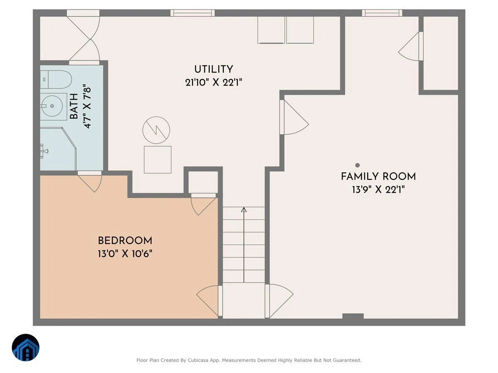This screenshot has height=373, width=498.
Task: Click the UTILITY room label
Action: pos(213,69)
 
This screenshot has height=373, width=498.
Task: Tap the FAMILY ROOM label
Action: pos(378,177)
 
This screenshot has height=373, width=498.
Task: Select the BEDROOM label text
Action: pos(125,240)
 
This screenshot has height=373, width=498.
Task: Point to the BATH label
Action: pos(74,106)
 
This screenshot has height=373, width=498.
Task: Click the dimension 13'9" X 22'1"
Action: pos(378,189)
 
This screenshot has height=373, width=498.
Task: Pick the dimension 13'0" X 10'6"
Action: pos(125,254)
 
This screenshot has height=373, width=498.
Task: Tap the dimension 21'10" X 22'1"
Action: pos(213,82)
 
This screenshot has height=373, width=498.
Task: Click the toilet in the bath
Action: pos(56,80)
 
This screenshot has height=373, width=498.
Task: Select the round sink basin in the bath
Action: pos(52,106)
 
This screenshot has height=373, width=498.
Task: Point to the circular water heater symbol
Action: pos(156,130)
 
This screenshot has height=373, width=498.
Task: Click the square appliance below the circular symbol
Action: pos(157,160)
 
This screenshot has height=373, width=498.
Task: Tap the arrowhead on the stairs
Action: pos(244,209)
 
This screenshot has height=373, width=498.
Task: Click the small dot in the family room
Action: pos(358,165)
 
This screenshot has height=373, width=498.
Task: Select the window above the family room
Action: pos(382,13)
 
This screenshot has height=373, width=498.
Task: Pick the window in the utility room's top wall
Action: pos(193,13)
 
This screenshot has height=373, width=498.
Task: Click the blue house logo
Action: pos(26,347)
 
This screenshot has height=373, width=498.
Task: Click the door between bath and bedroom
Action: pos(90,181)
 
